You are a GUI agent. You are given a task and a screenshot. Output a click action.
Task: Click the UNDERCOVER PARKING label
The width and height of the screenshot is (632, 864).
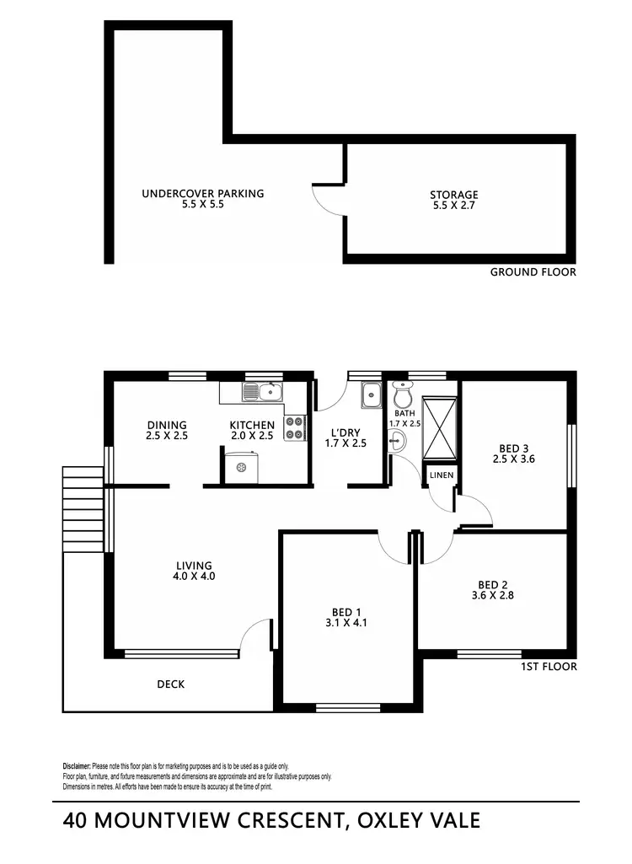[x=202, y=193]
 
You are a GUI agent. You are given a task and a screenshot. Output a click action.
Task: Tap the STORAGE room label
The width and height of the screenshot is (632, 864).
[x=454, y=195]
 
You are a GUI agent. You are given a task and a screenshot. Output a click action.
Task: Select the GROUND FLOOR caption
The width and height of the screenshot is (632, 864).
[x=533, y=272]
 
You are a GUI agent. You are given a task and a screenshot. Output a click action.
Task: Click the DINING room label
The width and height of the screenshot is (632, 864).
[x=166, y=425]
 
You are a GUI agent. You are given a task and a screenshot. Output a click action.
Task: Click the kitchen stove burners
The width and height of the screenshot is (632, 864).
[x=294, y=428]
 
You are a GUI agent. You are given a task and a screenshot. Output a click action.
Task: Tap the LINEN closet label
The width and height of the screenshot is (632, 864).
[x=441, y=475]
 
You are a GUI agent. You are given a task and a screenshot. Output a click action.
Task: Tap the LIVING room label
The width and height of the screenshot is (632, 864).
[x=194, y=566]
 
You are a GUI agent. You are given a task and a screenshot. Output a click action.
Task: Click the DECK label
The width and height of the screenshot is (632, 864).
[x=170, y=684]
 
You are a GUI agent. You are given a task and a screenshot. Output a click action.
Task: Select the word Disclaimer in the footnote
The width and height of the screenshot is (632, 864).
[x=76, y=765]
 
